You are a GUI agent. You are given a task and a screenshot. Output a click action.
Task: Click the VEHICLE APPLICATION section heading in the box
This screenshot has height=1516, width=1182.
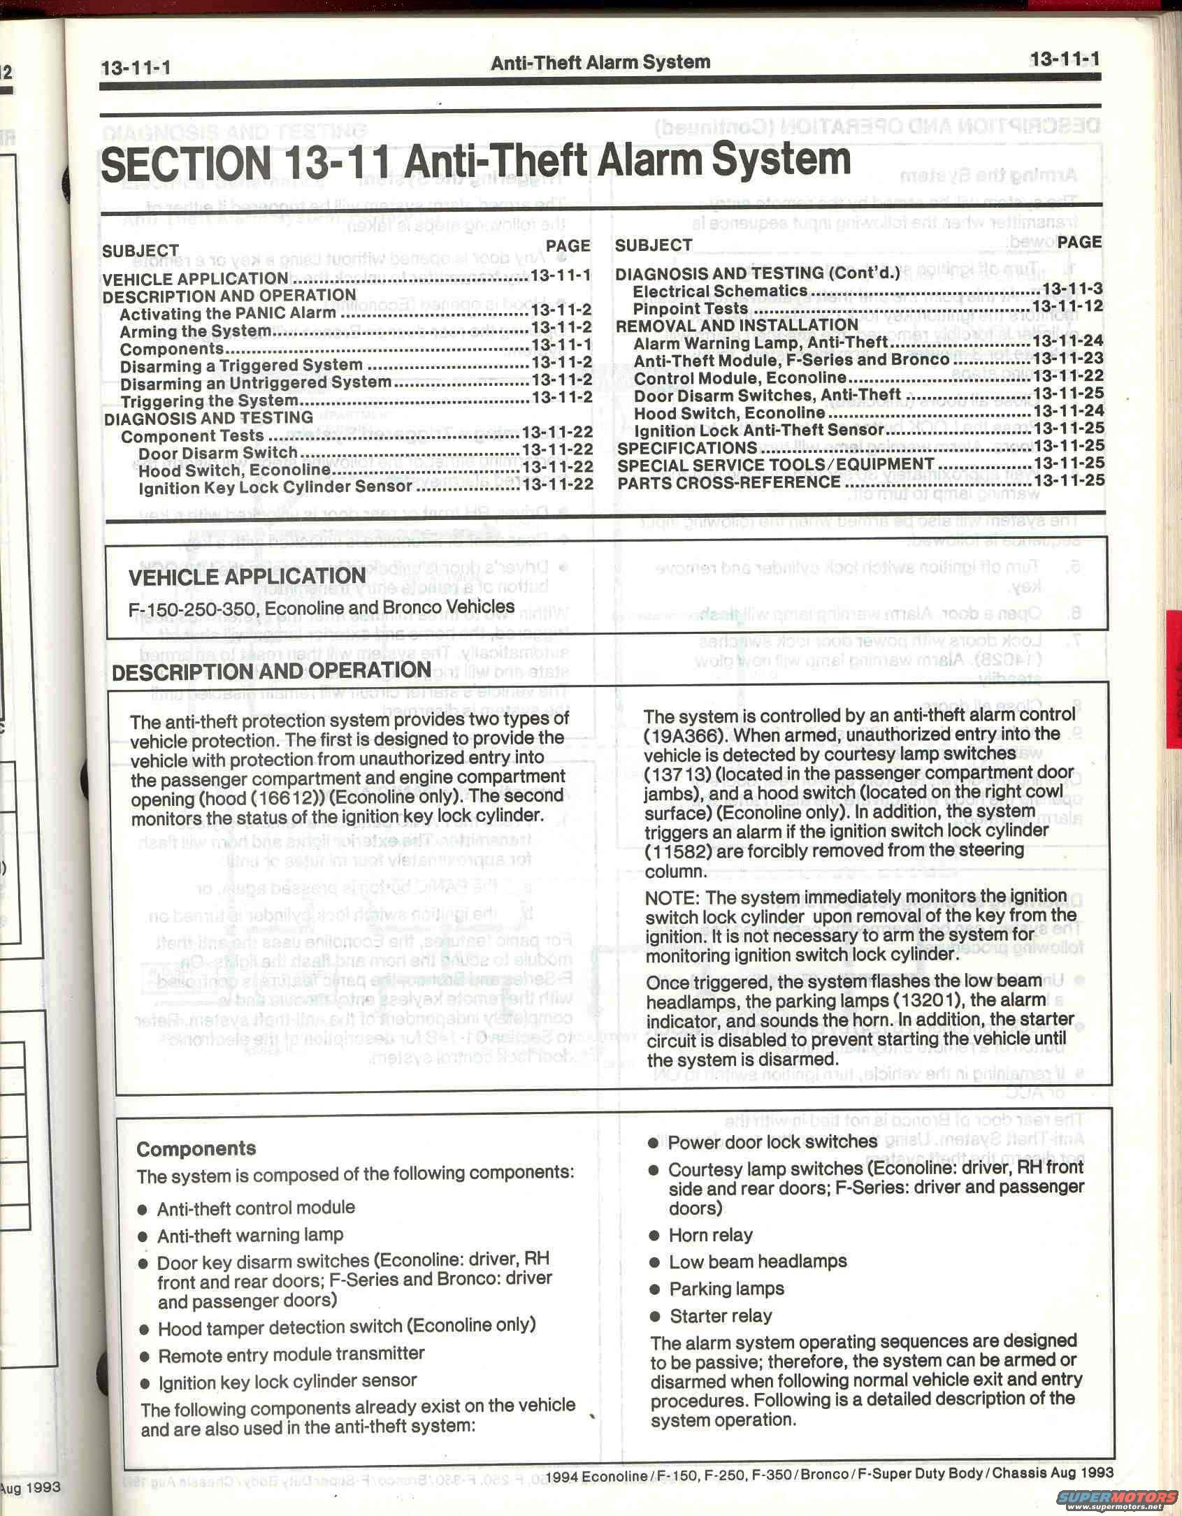click(x=247, y=577)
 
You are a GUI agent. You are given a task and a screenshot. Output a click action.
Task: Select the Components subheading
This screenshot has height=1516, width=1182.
click(x=196, y=1148)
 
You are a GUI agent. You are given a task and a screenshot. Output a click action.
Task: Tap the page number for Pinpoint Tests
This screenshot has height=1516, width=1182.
click(x=1067, y=307)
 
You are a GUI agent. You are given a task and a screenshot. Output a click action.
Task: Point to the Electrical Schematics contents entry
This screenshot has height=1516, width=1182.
click(x=720, y=290)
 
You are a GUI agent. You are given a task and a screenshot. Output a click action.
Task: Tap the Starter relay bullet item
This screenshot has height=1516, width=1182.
click(x=720, y=1316)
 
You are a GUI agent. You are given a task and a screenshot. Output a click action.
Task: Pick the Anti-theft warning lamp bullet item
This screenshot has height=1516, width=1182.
click(x=250, y=1235)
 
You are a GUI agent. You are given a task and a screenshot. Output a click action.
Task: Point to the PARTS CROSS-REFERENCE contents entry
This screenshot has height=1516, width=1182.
click(x=729, y=482)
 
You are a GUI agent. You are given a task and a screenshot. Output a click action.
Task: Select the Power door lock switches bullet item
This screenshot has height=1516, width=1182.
click(x=772, y=1141)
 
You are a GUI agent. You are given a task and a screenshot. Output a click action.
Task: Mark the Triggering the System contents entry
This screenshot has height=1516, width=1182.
click(x=210, y=401)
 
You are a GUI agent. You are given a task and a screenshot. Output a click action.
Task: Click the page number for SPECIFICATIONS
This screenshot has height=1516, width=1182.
click(x=1068, y=446)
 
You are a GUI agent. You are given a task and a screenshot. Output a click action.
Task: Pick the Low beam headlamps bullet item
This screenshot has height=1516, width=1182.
click(x=758, y=1262)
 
